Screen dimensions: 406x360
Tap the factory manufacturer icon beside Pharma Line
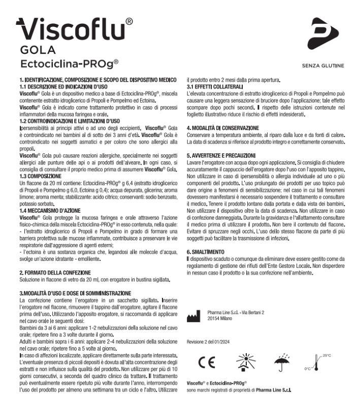(x=194, y=318)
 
